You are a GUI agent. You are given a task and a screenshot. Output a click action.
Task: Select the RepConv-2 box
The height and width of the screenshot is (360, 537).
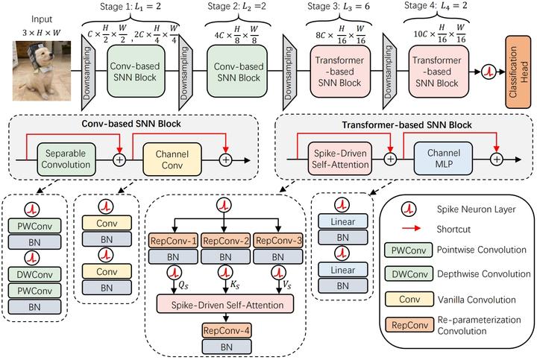coord(226,241)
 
